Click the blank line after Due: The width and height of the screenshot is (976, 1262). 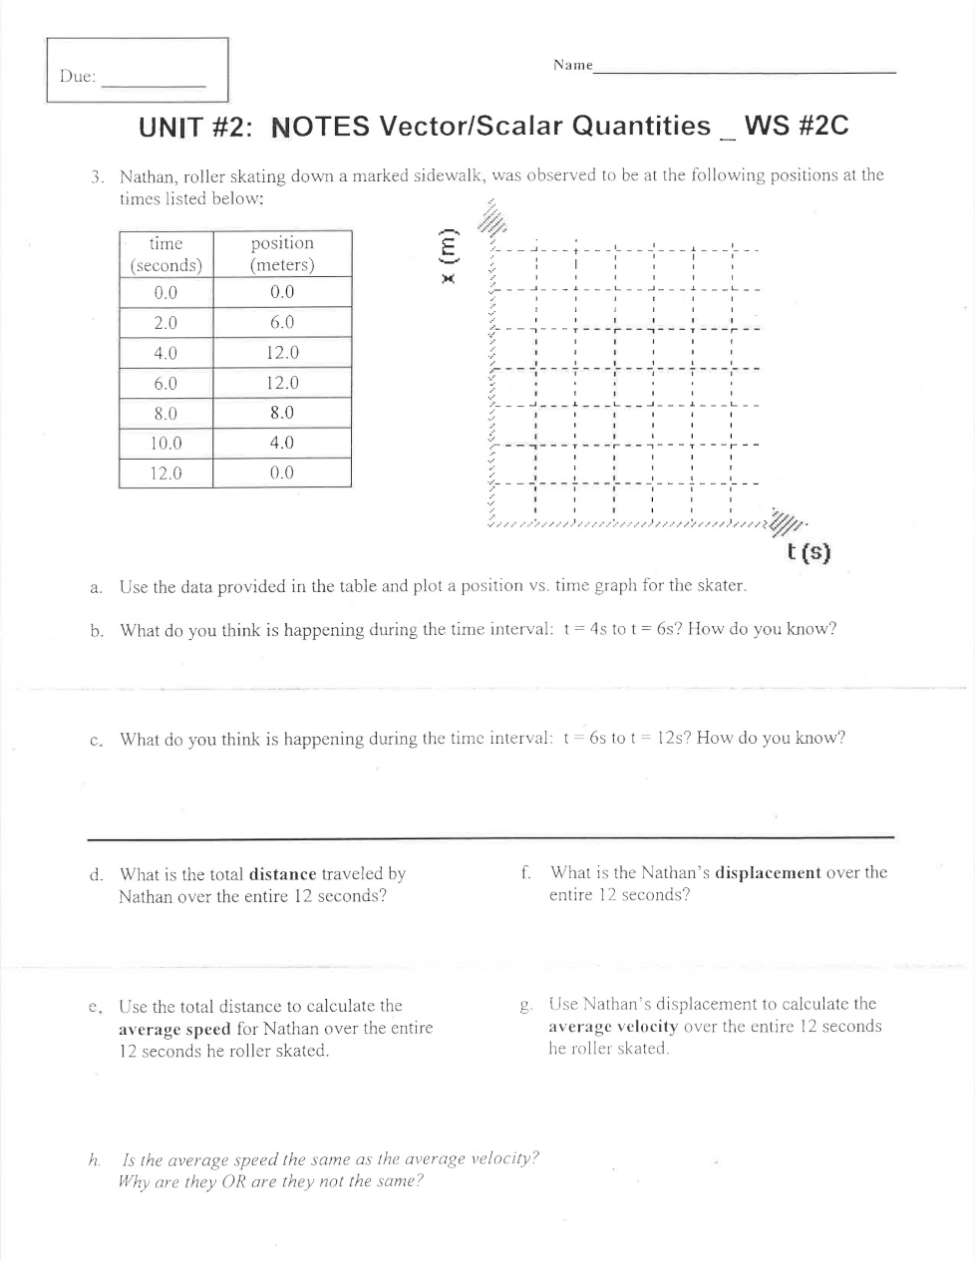click(154, 84)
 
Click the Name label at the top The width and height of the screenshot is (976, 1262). click(572, 65)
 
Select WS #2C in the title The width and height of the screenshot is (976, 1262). click(797, 127)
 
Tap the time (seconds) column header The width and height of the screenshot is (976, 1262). click(165, 254)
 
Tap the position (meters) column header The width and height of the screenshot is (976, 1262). click(282, 254)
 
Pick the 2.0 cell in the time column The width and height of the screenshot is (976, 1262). click(165, 323)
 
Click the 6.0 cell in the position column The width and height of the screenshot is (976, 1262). click(282, 323)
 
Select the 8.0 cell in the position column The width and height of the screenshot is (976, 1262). click(282, 413)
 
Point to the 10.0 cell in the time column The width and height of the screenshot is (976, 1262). click(165, 443)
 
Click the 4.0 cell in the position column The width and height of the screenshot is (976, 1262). click(282, 443)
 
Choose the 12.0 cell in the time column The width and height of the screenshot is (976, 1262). click(165, 473)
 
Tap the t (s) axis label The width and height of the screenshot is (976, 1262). click(808, 552)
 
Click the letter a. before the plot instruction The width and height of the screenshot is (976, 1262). click(96, 587)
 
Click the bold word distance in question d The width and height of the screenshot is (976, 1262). click(282, 874)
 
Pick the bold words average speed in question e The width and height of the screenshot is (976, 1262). click(174, 1029)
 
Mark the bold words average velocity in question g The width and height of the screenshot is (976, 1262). click(613, 1027)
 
